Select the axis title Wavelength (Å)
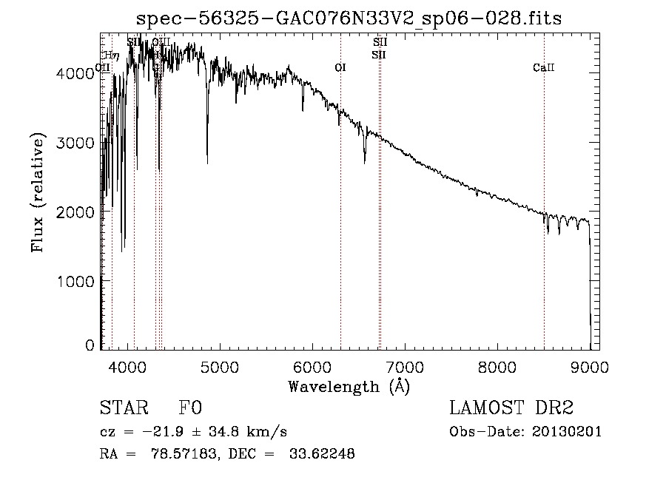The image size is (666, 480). tap(349, 386)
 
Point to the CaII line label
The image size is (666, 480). tap(543, 68)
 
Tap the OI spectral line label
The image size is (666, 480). tap(340, 68)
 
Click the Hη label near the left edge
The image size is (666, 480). tap(112, 55)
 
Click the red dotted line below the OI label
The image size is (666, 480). tap(340, 222)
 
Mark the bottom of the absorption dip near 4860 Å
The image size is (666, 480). tap(207, 163)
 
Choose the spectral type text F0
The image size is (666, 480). tap(190, 408)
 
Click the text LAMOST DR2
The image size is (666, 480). tap(511, 408)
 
